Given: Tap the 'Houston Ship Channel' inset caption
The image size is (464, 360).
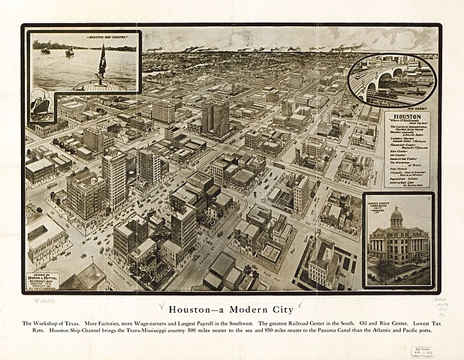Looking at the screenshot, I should tap(83, 36).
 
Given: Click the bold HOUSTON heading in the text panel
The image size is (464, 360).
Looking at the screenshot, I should tap(407, 119).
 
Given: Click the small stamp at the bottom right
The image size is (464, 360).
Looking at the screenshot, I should tap(421, 351).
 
